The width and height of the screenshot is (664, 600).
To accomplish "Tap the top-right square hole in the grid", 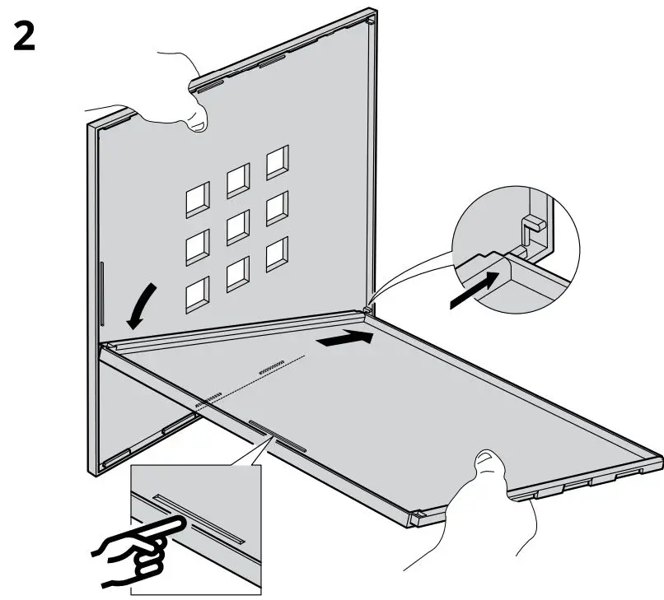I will pos(278,163).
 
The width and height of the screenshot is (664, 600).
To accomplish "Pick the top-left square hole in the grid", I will pos(198,198).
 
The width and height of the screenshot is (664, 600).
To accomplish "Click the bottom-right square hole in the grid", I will pos(277,254).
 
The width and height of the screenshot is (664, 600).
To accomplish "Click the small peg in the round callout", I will pos(532,223).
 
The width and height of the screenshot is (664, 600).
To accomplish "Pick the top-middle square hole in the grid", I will pos(238,179).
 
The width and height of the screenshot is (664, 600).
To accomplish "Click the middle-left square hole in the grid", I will pos(198,245).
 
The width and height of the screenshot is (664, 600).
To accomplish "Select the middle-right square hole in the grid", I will pos(278,208).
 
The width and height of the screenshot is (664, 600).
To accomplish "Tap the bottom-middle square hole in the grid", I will pos(237,272).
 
